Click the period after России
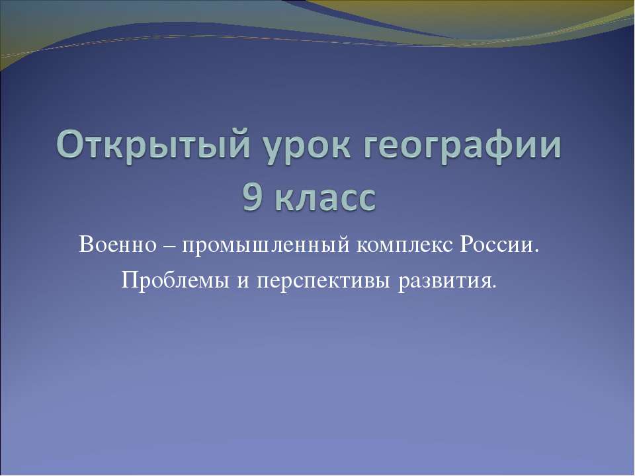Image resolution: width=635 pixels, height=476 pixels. click(x=537, y=253)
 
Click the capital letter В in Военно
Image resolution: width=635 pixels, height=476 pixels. click(x=84, y=247)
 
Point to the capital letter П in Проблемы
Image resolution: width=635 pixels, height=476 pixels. click(x=129, y=282)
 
